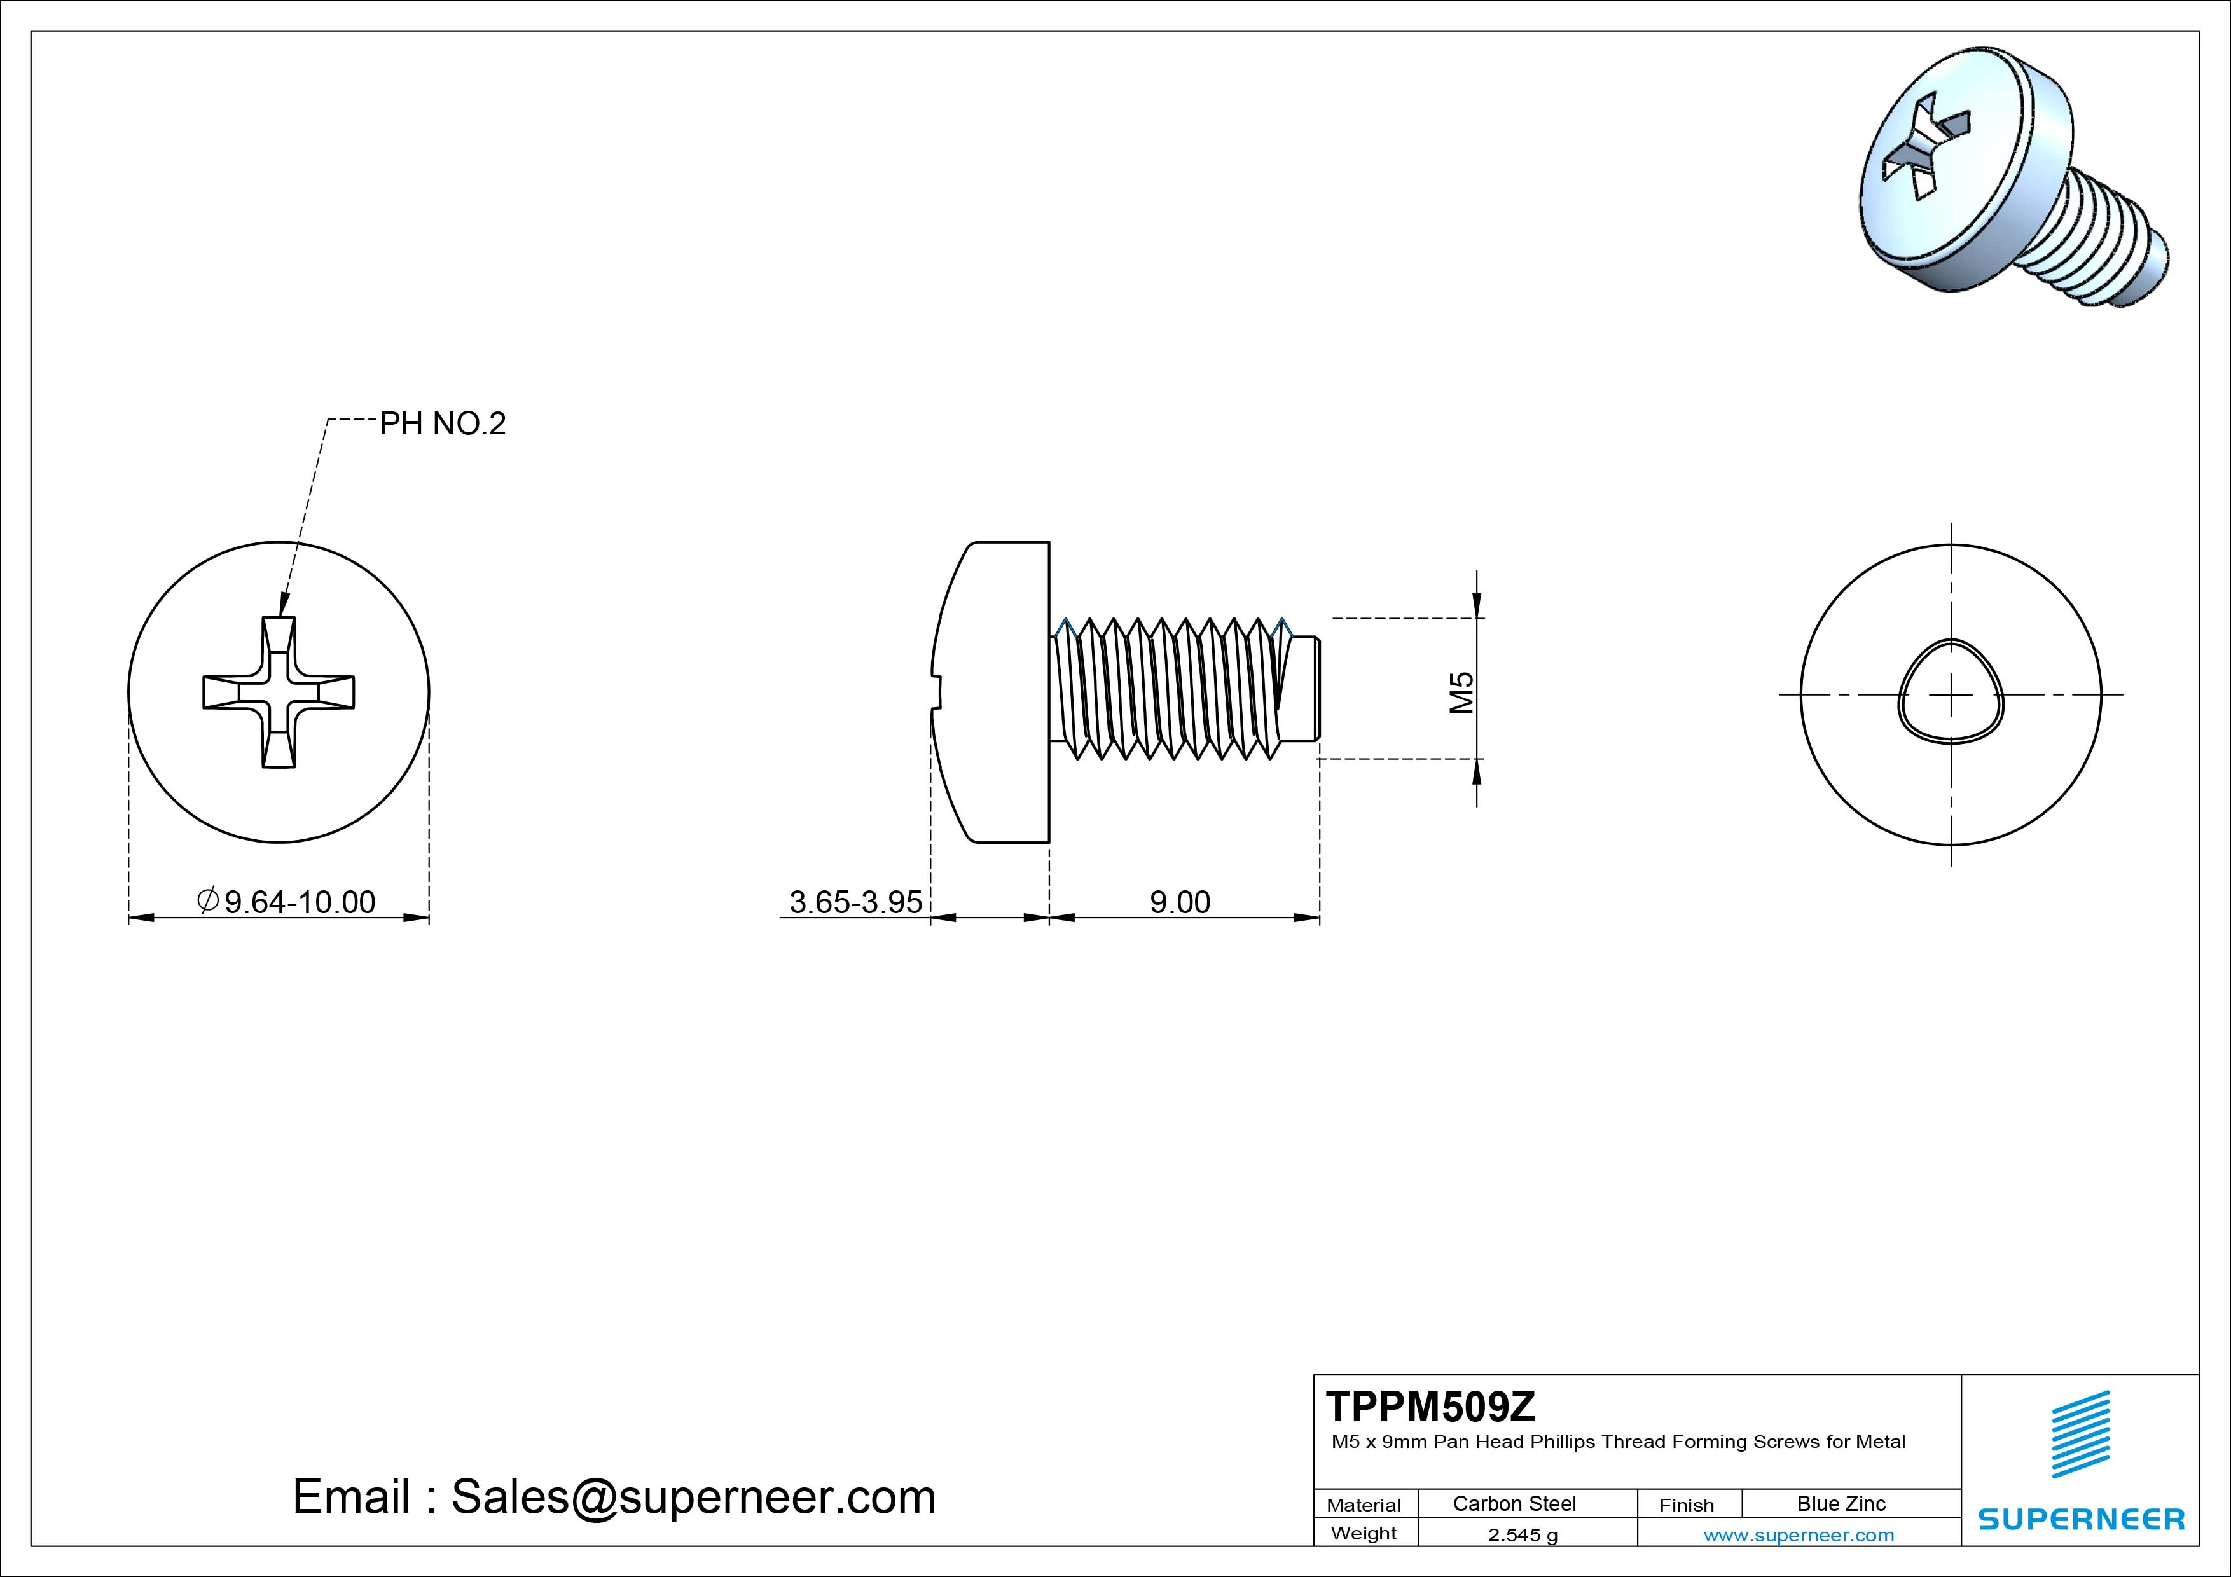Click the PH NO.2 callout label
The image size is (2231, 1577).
click(442, 424)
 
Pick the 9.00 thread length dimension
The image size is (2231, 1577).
click(1180, 902)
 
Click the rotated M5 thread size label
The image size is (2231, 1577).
click(1461, 692)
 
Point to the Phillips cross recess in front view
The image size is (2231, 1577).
click(278, 692)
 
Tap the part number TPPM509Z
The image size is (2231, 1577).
click(1430, 1406)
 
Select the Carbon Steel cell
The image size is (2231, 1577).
click(1514, 1503)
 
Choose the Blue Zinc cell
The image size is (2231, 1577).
click(1841, 1503)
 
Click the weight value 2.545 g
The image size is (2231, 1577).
click(1522, 1535)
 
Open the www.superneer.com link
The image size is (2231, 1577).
click(1799, 1535)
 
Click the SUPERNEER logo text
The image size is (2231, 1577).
click(2080, 1518)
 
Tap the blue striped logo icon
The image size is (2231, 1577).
click(2080, 1434)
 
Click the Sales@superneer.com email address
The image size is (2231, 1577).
click(693, 1496)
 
